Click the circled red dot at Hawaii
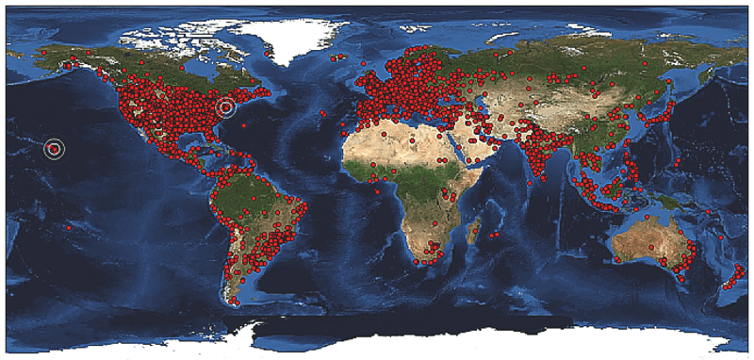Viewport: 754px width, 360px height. (55, 148)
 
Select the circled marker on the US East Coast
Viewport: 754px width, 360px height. (225, 107)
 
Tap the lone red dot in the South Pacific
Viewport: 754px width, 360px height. (69, 227)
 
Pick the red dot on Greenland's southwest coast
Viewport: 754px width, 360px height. (269, 55)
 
